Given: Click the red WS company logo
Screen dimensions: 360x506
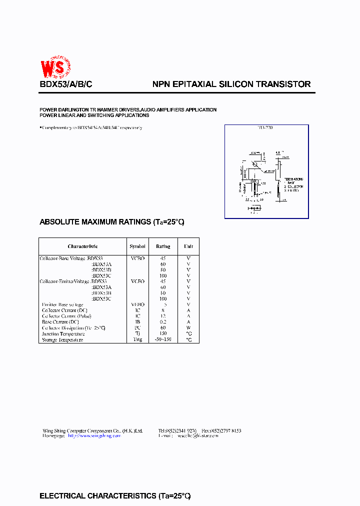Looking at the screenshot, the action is pyautogui.click(x=55, y=66).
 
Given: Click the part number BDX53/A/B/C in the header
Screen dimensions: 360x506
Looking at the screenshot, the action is pyautogui.click(x=65, y=84).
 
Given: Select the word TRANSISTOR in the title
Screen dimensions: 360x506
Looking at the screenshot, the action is pyautogui.click(x=283, y=84).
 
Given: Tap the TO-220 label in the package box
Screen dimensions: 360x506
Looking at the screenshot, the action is pyautogui.click(x=265, y=128).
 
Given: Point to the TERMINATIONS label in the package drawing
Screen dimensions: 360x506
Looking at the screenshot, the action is pyautogui.click(x=294, y=179).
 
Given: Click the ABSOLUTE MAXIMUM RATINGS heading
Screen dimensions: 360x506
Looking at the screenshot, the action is pyautogui.click(x=112, y=221).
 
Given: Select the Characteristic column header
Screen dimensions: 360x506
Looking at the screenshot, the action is pyautogui.click(x=82, y=246).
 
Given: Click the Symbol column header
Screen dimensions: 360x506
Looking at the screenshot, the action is pyautogui.click(x=137, y=246).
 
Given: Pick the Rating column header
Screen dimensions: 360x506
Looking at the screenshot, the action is pyautogui.click(x=163, y=246).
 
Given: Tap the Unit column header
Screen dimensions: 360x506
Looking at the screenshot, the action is pyautogui.click(x=188, y=246).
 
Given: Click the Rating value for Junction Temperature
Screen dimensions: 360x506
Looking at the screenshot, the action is pyautogui.click(x=163, y=333).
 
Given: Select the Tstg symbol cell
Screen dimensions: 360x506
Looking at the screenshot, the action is pyautogui.click(x=137, y=339).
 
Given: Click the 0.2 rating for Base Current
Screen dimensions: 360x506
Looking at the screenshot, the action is pyautogui.click(x=163, y=322).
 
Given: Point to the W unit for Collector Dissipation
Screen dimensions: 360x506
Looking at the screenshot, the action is pyautogui.click(x=188, y=328).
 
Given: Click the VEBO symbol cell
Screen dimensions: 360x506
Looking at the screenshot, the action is pyautogui.click(x=137, y=304).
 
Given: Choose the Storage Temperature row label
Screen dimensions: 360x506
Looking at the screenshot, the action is pyautogui.click(x=62, y=339).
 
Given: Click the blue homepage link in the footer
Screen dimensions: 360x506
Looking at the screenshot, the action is pyautogui.click(x=94, y=436).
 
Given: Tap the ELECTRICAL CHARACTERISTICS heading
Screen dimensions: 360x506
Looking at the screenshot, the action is pyautogui.click(x=115, y=496).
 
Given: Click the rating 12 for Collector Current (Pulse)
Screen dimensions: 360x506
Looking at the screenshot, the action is pyautogui.click(x=163, y=316).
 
